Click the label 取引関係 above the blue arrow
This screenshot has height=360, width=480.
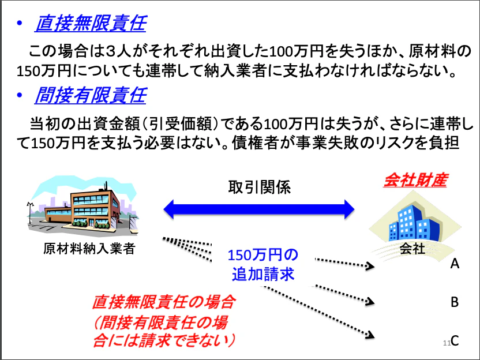(259, 187)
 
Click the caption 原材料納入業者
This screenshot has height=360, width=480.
(88, 249)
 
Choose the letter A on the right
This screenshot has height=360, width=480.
(455, 264)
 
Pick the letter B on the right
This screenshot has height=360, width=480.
(455, 302)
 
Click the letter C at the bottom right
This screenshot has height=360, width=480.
(455, 340)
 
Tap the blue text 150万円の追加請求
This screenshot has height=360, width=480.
(263, 264)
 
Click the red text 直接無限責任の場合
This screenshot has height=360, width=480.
(164, 302)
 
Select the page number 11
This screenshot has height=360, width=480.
(445, 343)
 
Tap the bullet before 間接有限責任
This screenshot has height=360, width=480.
(19, 95)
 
